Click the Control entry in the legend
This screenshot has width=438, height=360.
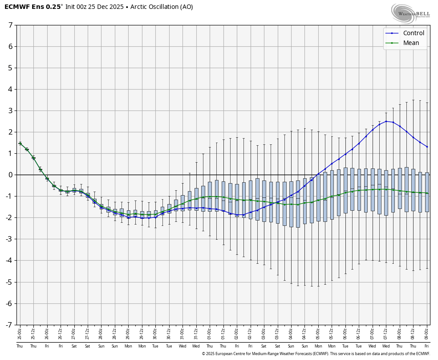click(x=413, y=33)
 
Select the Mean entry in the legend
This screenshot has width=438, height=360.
click(x=411, y=43)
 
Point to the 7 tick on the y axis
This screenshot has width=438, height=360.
click(x=10, y=25)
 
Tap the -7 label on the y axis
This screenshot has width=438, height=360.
click(x=9, y=325)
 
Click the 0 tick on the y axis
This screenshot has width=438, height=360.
click(x=10, y=175)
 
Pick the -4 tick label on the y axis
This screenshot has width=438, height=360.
click(x=9, y=261)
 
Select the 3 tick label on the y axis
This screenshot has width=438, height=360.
click(x=10, y=110)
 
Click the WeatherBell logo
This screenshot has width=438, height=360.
click(x=411, y=13)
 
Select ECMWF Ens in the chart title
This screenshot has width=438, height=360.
click(x=23, y=7)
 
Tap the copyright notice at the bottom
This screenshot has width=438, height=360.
click(x=316, y=354)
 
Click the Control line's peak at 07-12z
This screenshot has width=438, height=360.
click(x=386, y=121)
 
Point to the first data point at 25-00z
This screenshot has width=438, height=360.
click(x=20, y=143)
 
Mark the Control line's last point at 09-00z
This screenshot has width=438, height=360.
click(x=426, y=147)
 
